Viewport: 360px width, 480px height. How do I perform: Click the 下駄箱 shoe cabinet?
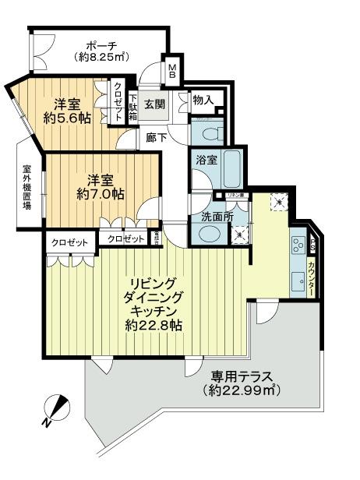(133, 107)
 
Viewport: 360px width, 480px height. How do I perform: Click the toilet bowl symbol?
(208, 132)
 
